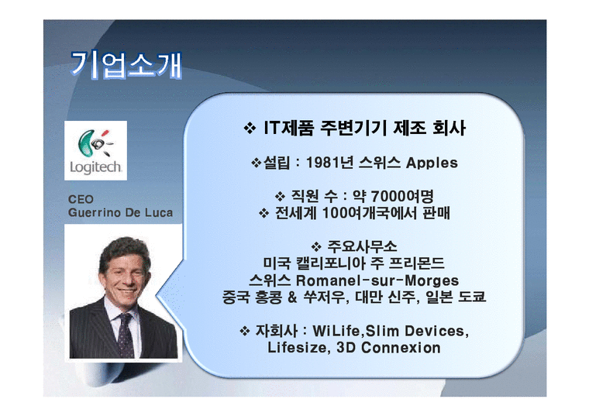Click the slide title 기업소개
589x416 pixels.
(127, 65)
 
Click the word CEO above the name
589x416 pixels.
(81, 199)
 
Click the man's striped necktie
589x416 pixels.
(124, 329)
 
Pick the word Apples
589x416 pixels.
(432, 163)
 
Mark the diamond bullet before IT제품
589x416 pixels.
(250, 129)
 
